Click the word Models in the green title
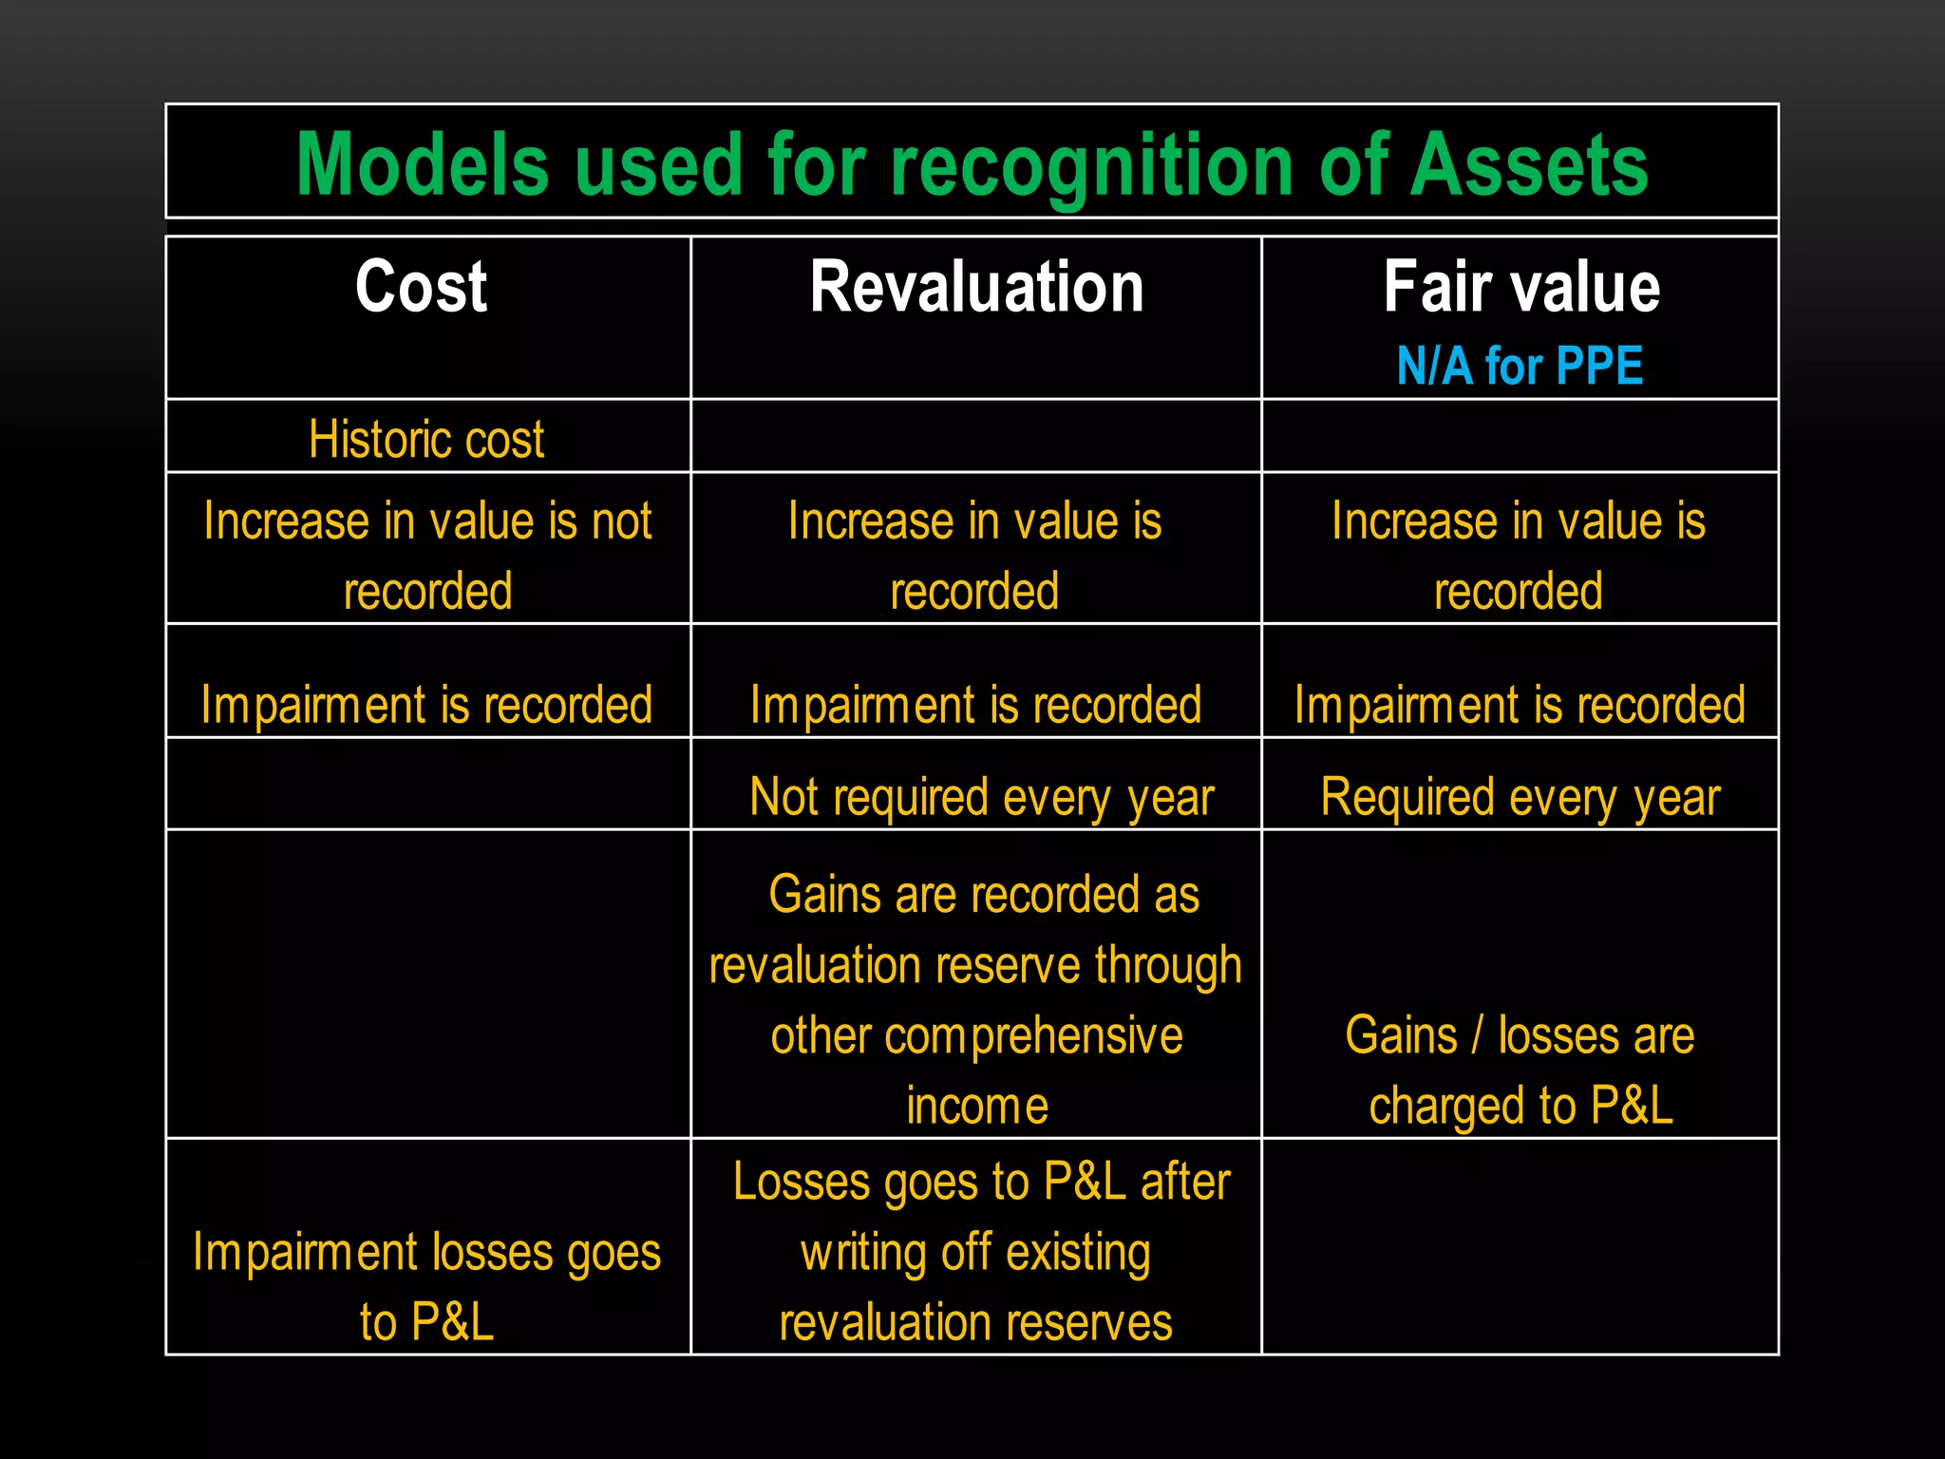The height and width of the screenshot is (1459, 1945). (x=423, y=165)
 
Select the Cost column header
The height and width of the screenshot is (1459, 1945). (x=421, y=287)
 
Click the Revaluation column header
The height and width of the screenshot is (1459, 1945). (x=976, y=287)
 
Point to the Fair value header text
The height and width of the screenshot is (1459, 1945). (x=1520, y=287)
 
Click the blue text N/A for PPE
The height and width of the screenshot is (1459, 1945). (x=1520, y=367)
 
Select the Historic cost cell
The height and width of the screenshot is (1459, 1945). (x=426, y=439)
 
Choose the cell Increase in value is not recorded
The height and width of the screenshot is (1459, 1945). (x=427, y=555)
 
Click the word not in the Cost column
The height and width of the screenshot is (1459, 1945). (x=621, y=521)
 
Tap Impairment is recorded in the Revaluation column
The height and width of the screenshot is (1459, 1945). (x=975, y=705)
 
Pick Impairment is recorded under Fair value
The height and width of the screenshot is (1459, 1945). (x=1520, y=705)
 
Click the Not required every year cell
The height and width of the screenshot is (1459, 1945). (x=981, y=797)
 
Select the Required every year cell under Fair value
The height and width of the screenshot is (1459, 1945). (x=1520, y=797)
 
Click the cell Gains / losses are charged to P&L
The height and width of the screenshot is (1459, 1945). (x=1520, y=1071)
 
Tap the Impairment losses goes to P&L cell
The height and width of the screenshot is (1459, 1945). (x=426, y=1286)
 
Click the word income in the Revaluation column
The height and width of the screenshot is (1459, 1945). (x=976, y=1107)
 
